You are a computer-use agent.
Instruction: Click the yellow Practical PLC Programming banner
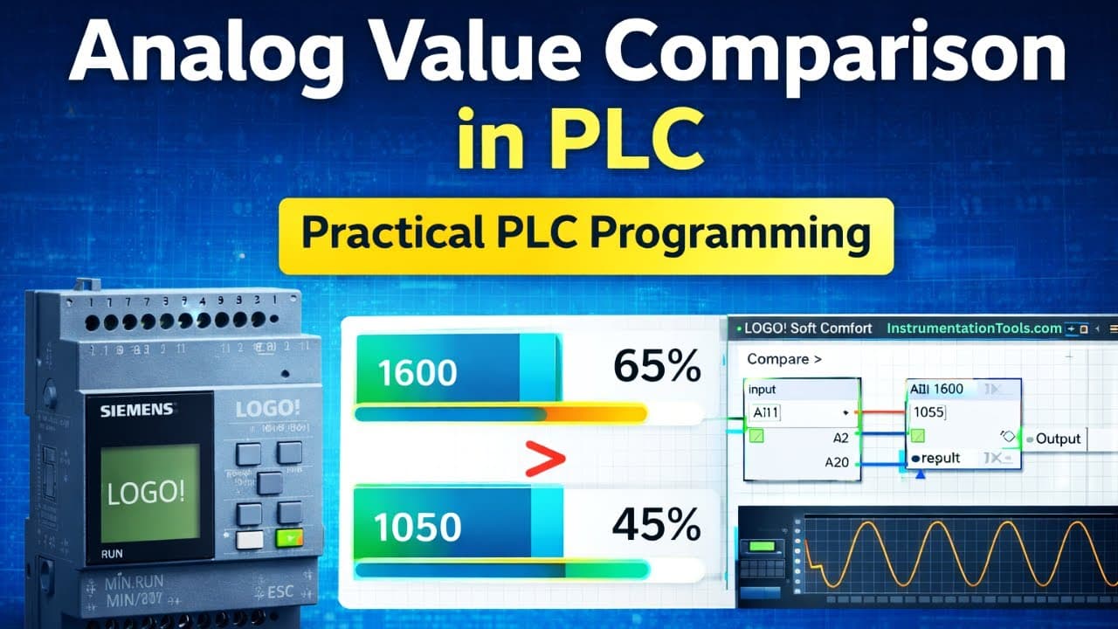coord(585,236)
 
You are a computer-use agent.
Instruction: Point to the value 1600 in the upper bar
coord(418,373)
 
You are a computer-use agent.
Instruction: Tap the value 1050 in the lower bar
coord(418,527)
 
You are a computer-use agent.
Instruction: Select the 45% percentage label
coord(656,525)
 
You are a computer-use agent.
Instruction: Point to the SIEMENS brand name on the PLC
coord(136,410)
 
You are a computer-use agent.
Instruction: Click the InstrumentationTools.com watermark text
coord(974,328)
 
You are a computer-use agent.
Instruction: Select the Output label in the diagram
coord(1058,439)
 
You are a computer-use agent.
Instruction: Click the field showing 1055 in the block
coord(930,411)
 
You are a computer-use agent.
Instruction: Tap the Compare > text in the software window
coord(784,359)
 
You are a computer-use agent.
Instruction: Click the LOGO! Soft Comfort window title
coord(808,328)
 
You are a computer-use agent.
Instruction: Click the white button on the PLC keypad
coord(250,539)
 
